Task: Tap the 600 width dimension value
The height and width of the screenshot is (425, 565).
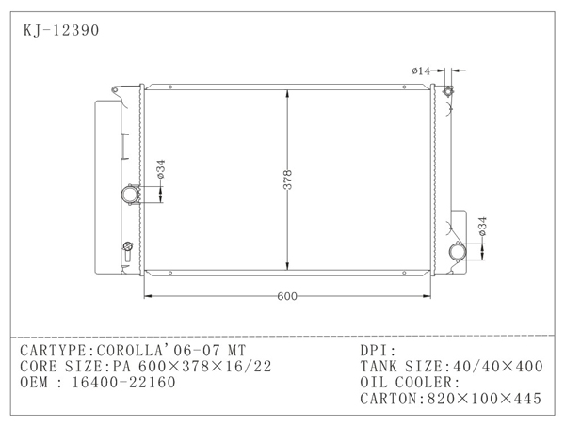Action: coord(287,297)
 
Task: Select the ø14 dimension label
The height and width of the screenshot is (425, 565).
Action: coord(421,71)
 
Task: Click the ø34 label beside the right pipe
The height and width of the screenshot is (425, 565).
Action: coord(482,226)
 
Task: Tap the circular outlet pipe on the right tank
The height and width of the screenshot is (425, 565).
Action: coord(458,253)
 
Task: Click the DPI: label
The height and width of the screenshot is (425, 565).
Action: coord(379,350)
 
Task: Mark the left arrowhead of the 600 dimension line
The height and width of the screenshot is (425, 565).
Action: coord(146,297)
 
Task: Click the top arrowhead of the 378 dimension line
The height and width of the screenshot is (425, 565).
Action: coord(288,92)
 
